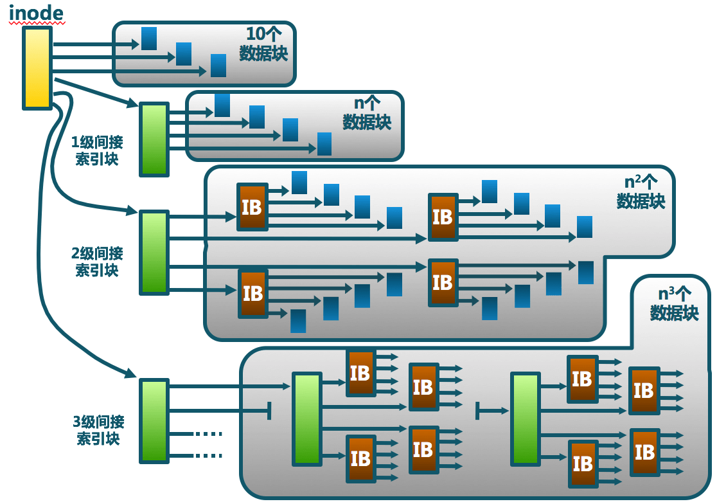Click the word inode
pyautogui.click(x=36, y=12)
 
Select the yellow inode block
pyautogui.click(x=37, y=67)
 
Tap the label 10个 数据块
pyautogui.click(x=263, y=44)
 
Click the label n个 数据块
pyautogui.click(x=367, y=113)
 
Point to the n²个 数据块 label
pyautogui.click(x=641, y=192)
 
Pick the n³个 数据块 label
pyautogui.click(x=674, y=304)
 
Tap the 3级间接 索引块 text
pyautogui.click(x=98, y=430)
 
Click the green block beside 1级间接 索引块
pyautogui.click(x=154, y=139)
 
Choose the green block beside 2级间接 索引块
pyautogui.click(x=154, y=253)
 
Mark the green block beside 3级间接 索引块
pyautogui.click(x=154, y=421)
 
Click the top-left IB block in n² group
pyautogui.click(x=252, y=207)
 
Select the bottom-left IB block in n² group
pyautogui.click(x=252, y=294)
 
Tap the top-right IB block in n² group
pyautogui.click(x=443, y=217)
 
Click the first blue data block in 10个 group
pyautogui.click(x=149, y=39)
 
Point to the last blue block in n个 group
pyautogui.click(x=324, y=144)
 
